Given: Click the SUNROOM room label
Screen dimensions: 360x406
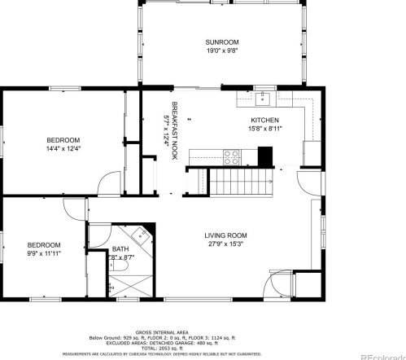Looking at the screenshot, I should pos(221,42).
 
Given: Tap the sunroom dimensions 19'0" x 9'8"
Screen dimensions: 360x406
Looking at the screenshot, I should pos(221,50).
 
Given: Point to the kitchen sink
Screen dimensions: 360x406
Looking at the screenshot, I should pos(263,100).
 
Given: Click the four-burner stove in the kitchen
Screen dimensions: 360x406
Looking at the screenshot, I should pos(231,155).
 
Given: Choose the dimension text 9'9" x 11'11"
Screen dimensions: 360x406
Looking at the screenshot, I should pos(44,253).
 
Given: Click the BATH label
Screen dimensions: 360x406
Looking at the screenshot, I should pos(120,250).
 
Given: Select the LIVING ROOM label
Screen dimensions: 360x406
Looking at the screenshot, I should pos(225,235).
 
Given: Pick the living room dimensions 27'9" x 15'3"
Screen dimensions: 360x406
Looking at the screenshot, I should pos(225,243).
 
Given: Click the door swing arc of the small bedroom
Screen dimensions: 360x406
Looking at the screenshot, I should pos(75,209).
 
